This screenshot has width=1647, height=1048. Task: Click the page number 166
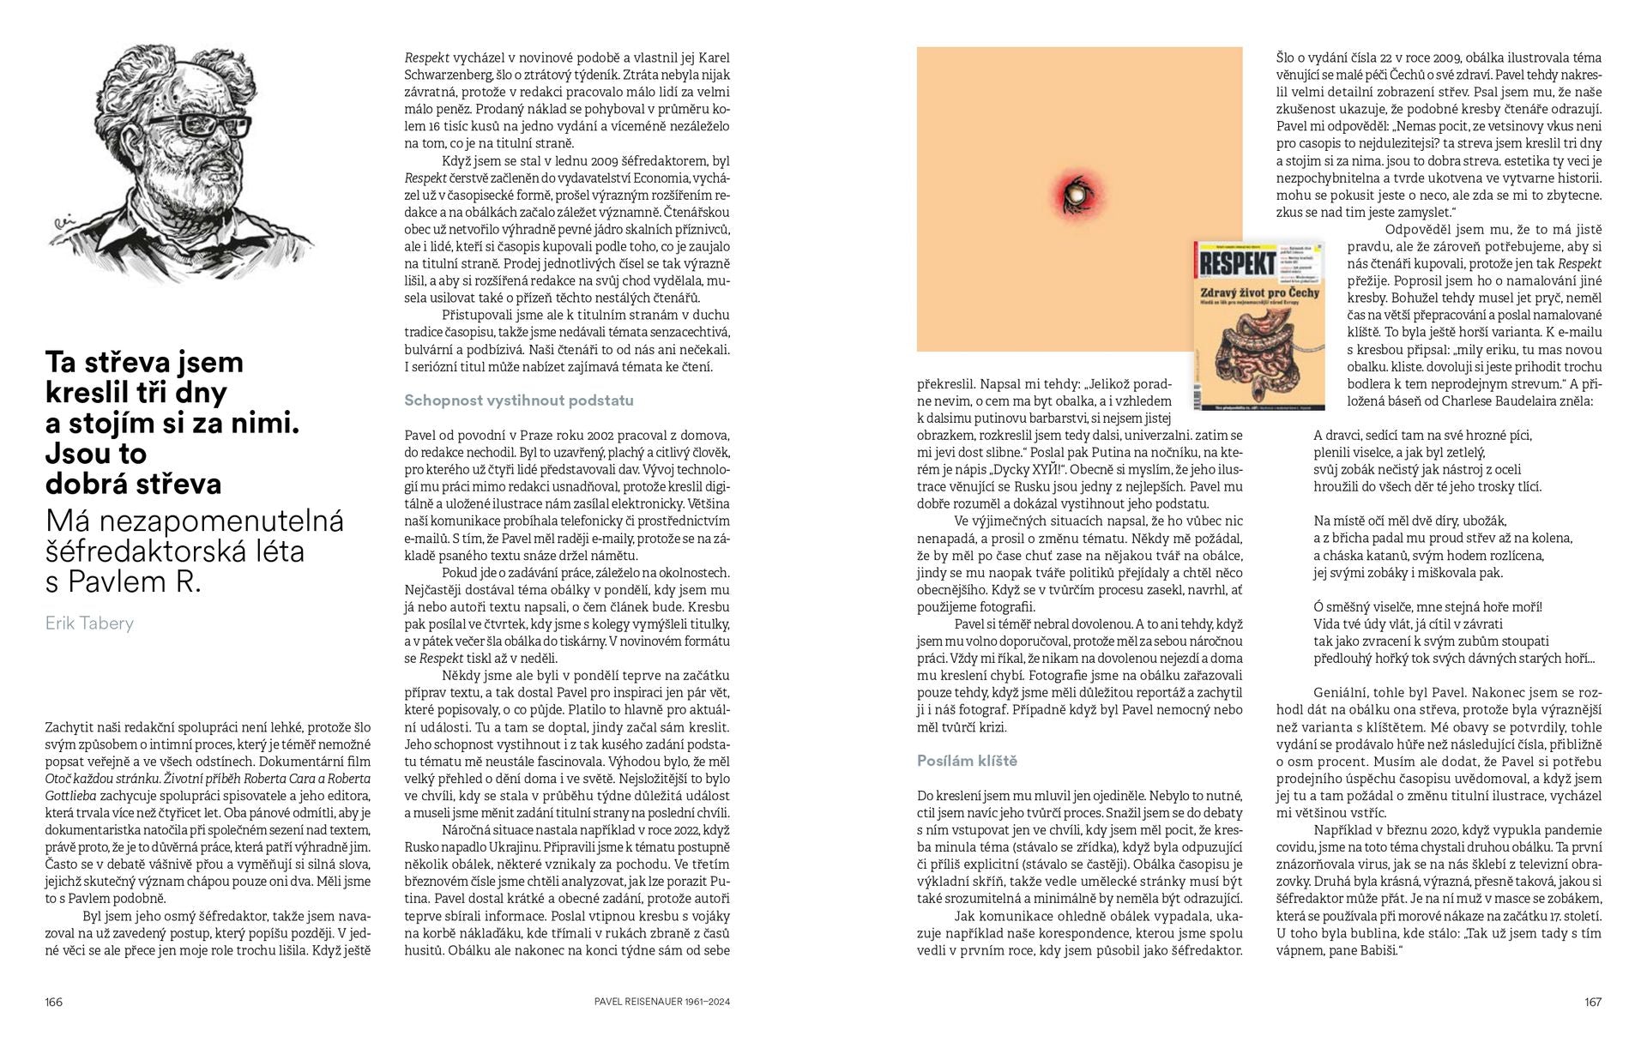point(54,1002)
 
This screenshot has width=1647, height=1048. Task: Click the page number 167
point(1592,1002)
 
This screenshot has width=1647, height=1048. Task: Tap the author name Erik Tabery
point(89,623)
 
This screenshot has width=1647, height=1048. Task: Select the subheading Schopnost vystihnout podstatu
point(518,401)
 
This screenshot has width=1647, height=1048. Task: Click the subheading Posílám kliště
point(967,761)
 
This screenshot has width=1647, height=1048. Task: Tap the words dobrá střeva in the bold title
point(133,484)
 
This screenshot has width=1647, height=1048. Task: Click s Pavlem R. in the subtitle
point(122,581)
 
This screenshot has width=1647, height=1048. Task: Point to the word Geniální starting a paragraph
point(1342,693)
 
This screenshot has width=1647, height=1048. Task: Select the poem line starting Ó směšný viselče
point(1427,607)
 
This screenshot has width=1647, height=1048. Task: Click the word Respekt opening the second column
point(427,58)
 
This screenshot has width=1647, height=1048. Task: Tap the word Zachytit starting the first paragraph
point(71,727)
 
